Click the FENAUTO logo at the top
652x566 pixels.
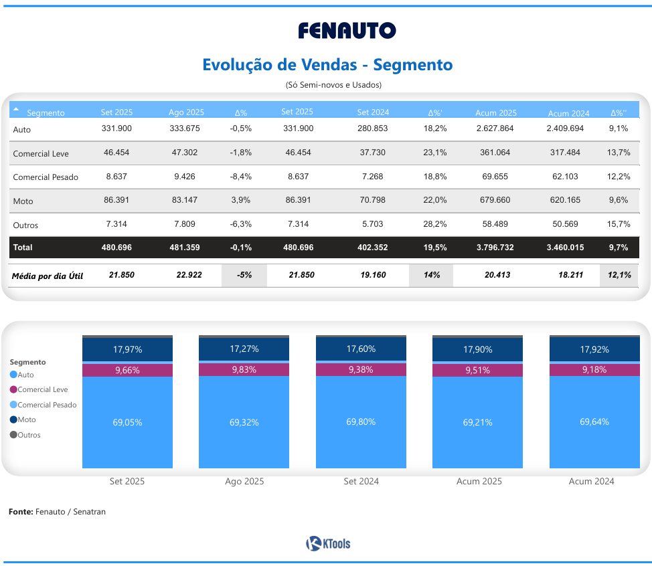(x=347, y=31)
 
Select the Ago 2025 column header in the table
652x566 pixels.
(x=186, y=112)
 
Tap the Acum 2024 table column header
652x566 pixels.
(x=568, y=113)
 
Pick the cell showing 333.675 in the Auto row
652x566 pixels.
(x=184, y=128)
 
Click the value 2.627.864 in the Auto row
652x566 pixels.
(x=497, y=128)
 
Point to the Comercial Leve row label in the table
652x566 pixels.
(x=41, y=154)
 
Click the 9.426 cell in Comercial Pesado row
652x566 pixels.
(x=184, y=177)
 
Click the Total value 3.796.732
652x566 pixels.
(x=495, y=248)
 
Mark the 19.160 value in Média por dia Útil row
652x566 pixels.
(x=372, y=275)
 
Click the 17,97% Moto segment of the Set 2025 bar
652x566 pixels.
(x=127, y=349)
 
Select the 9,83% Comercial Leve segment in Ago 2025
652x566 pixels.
(x=244, y=370)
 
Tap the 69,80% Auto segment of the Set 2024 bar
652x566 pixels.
(x=361, y=421)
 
